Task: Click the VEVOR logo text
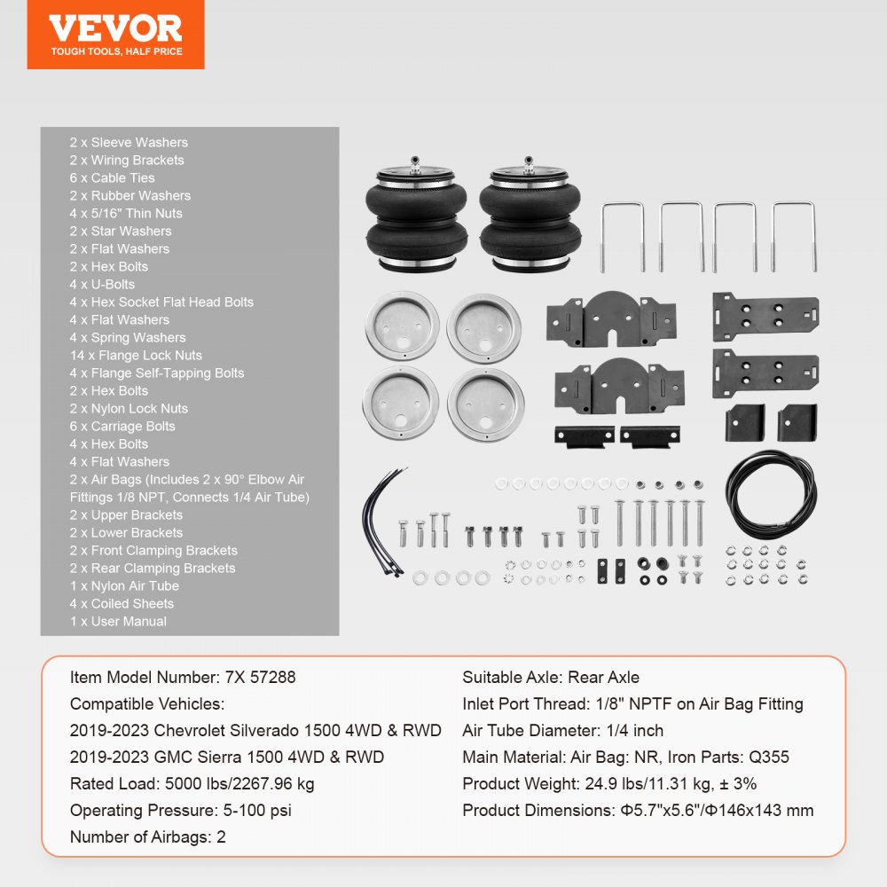tap(115, 27)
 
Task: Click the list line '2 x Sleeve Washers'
tap(129, 142)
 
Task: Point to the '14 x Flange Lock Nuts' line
tap(136, 355)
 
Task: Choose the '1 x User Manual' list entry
tap(118, 621)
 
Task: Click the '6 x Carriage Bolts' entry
tap(122, 426)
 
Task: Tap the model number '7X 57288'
tap(256, 677)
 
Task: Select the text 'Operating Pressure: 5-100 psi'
tap(180, 810)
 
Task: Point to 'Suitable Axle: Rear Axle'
tap(550, 677)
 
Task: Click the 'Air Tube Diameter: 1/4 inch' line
tap(562, 730)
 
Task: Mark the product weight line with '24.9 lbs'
tap(608, 783)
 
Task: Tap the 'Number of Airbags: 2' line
tap(147, 836)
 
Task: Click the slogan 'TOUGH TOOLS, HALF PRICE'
tap(115, 51)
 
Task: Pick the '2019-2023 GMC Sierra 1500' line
tap(226, 757)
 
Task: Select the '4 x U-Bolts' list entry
tap(102, 284)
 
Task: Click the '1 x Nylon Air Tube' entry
tap(124, 585)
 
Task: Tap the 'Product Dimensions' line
tap(637, 810)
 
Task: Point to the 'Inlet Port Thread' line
tap(632, 703)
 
